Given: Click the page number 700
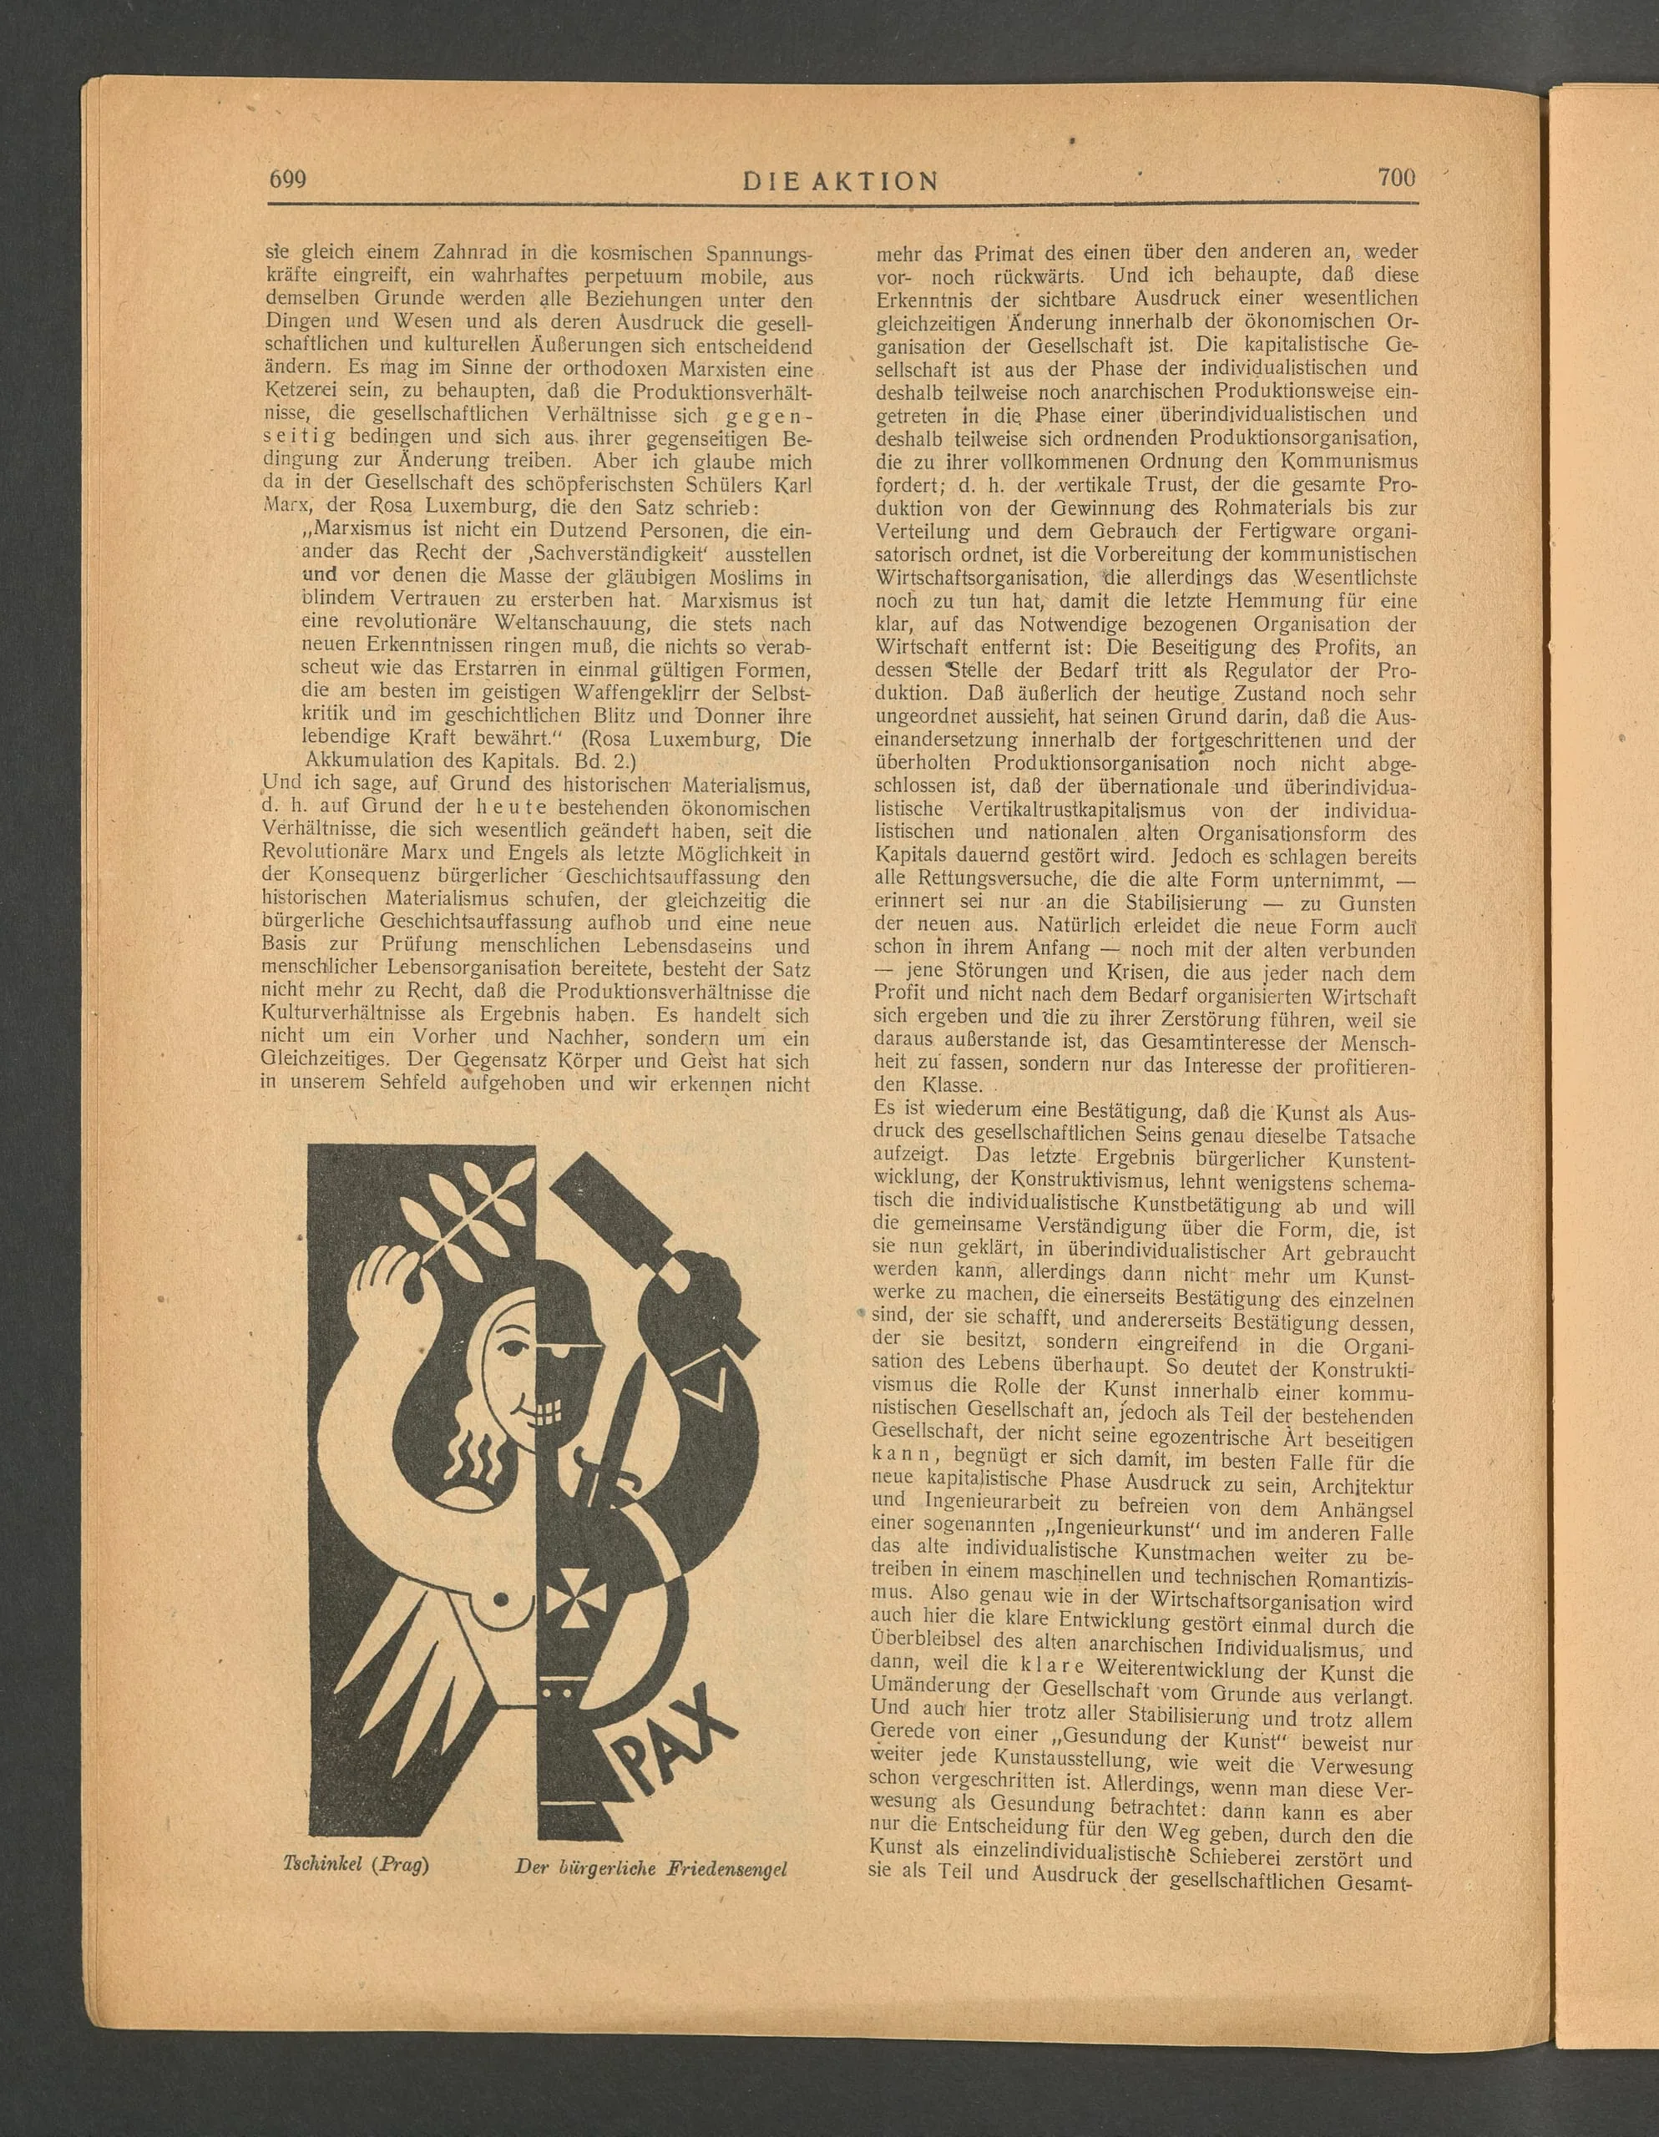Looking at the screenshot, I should (1397, 177).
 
